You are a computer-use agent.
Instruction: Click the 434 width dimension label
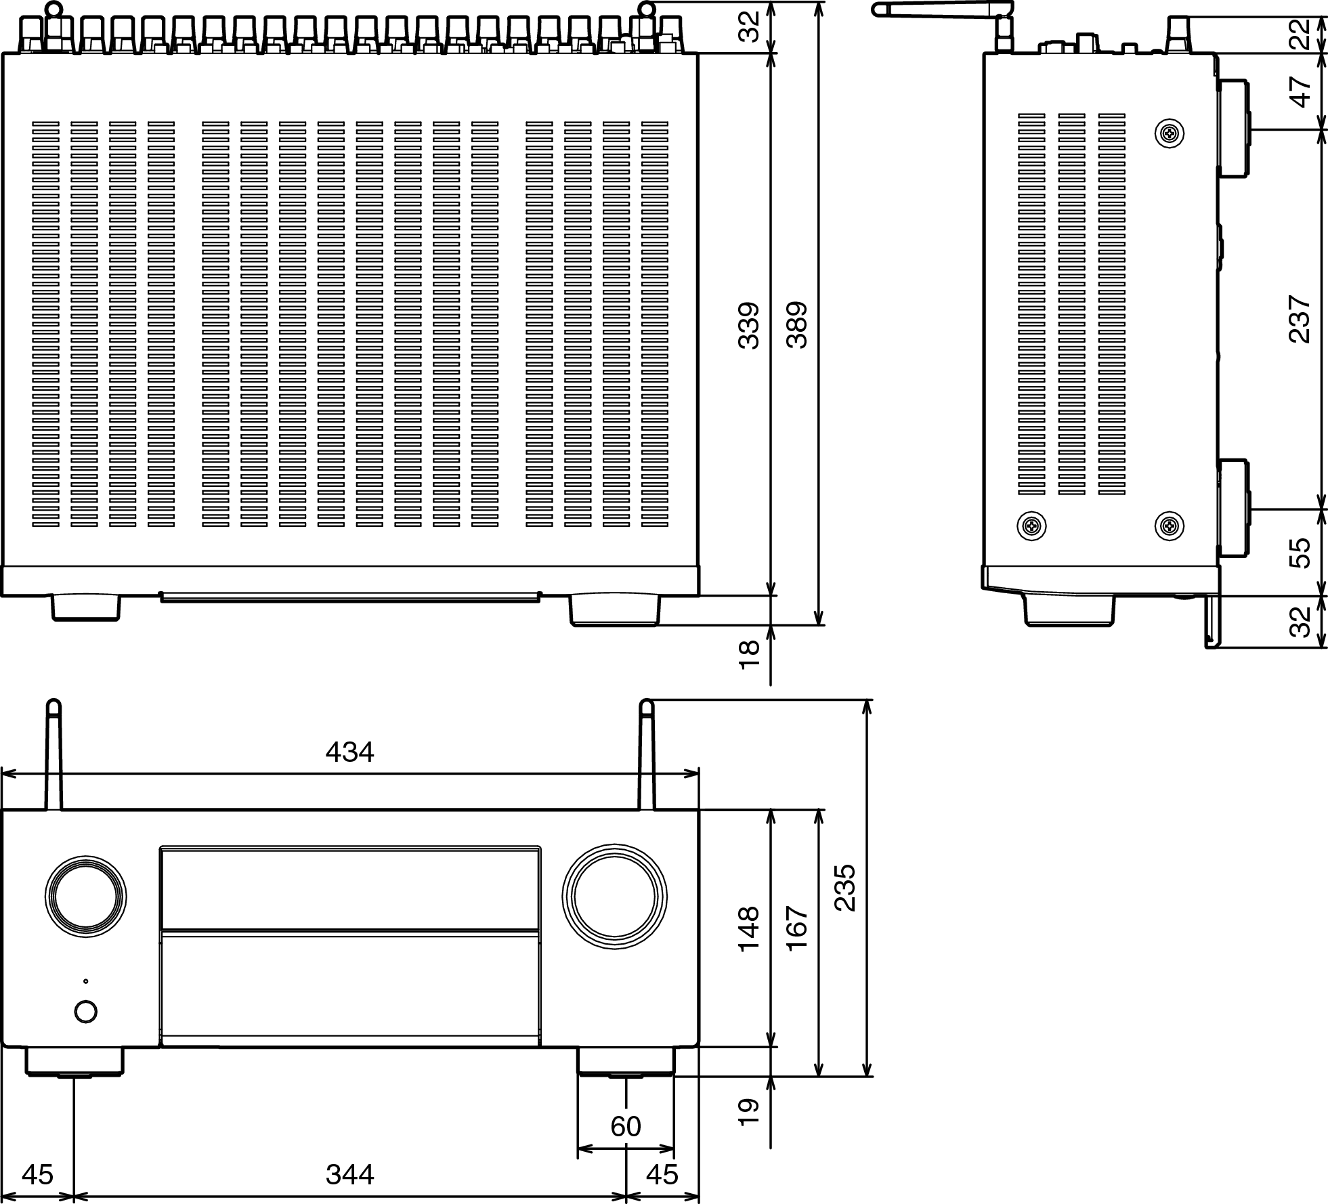click(x=349, y=752)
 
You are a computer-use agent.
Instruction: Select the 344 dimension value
click(x=349, y=1175)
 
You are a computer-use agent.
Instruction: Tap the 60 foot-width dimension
click(x=625, y=1126)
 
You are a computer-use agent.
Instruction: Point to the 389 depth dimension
click(x=798, y=325)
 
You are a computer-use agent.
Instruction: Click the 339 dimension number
click(x=749, y=325)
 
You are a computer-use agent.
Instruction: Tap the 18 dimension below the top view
click(x=749, y=655)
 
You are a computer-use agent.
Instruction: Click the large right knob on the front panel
click(x=614, y=897)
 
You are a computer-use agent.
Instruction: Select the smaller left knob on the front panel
click(x=86, y=897)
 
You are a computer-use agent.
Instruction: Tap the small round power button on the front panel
click(x=85, y=1012)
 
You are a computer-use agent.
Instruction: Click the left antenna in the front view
click(x=53, y=755)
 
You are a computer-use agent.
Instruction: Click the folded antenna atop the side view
click(x=941, y=9)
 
